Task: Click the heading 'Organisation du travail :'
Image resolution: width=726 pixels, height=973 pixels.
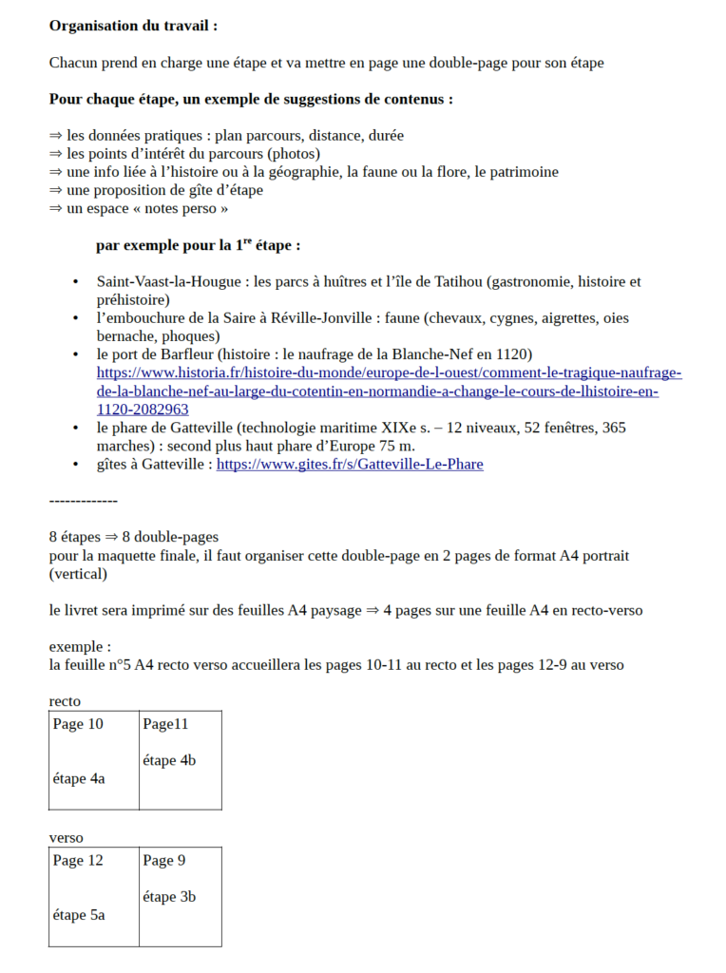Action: pos(133,26)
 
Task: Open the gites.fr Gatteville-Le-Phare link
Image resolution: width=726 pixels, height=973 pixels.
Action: pos(350,465)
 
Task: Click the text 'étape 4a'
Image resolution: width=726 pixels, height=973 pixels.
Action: pos(79,779)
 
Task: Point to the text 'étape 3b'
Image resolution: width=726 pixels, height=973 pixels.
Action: pos(170,897)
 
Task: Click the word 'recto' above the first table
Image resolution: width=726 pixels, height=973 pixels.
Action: pos(66,701)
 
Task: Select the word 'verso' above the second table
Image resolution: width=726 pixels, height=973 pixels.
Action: pos(67,838)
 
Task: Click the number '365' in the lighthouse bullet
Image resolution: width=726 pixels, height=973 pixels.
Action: pos(614,429)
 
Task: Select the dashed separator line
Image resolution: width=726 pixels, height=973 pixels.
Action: pos(84,500)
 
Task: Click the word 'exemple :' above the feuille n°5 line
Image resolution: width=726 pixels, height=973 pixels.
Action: pos(74,647)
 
